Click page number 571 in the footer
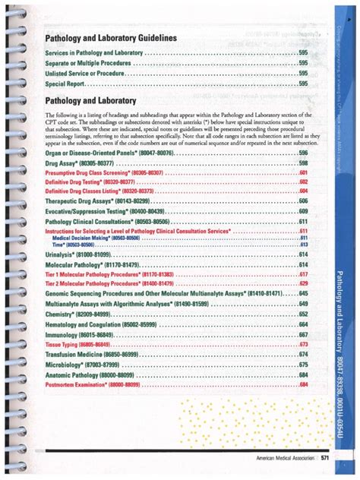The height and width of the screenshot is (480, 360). (x=324, y=457)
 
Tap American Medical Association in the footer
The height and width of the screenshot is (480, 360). (x=280, y=457)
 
